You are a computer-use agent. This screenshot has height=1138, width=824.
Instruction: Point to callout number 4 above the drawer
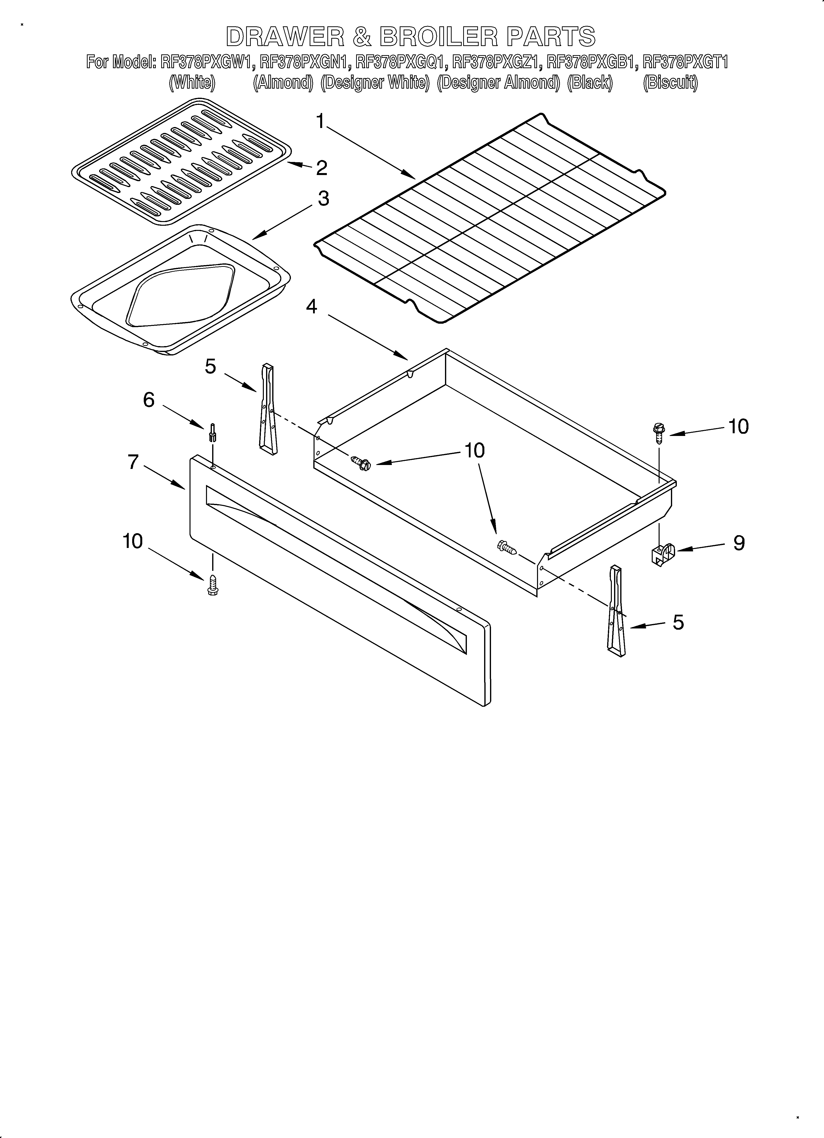tap(312, 306)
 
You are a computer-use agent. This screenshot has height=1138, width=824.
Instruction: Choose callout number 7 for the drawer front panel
tap(133, 462)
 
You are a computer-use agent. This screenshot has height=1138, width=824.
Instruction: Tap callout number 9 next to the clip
tap(739, 543)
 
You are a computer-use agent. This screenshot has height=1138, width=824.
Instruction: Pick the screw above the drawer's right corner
tap(658, 432)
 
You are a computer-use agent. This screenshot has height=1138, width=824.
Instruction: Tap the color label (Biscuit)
tap(670, 82)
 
